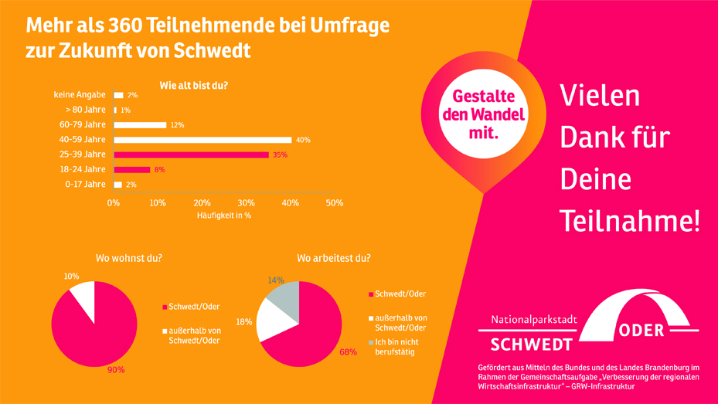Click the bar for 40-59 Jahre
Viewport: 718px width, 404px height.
[x=202, y=140]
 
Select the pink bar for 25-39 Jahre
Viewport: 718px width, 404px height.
[x=191, y=154]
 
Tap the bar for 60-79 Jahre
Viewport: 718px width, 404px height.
[x=140, y=125]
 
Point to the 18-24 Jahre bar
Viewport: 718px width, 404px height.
[x=132, y=169]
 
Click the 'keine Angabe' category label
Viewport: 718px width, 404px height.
[x=80, y=95]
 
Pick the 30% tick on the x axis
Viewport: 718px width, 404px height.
[x=246, y=202]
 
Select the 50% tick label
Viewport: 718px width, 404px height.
[x=334, y=202]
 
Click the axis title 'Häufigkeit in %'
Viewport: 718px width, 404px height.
[x=224, y=216]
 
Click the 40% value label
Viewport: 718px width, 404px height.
[x=303, y=140]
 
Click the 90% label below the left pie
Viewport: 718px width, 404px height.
[x=116, y=370]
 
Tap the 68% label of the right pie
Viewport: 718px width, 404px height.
[x=348, y=352]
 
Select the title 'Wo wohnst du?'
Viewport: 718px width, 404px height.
[x=129, y=258]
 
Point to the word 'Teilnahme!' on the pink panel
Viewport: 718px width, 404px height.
[x=629, y=221]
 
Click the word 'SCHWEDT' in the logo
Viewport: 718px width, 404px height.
[x=532, y=344]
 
